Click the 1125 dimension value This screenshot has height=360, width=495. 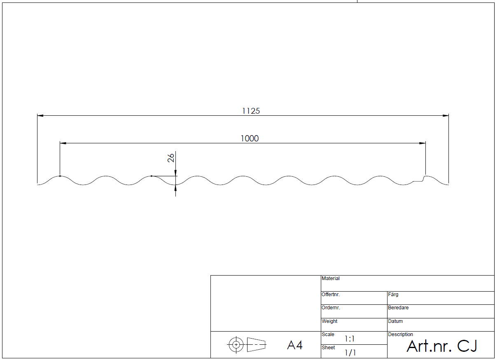point(251,111)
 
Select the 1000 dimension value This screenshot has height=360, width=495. point(250,138)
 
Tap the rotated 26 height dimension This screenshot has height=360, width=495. point(171,158)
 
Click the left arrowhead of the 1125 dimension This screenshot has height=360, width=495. point(40,115)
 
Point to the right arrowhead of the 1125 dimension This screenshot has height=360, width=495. point(446,115)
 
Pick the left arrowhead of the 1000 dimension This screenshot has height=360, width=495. point(63,143)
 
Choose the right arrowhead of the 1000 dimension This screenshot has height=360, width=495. point(423,143)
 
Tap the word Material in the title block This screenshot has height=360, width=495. point(331,278)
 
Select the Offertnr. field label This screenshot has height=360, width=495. point(331,295)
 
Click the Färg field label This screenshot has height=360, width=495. point(393,295)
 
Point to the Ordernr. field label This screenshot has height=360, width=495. point(331,308)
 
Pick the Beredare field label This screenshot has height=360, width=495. point(398,308)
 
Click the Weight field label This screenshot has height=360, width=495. point(329,321)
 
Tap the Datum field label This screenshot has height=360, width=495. point(395,321)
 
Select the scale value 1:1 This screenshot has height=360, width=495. point(350,339)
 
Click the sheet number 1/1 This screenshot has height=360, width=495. point(350,353)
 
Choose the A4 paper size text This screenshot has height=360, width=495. point(295,345)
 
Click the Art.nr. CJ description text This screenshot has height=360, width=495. point(442,346)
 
